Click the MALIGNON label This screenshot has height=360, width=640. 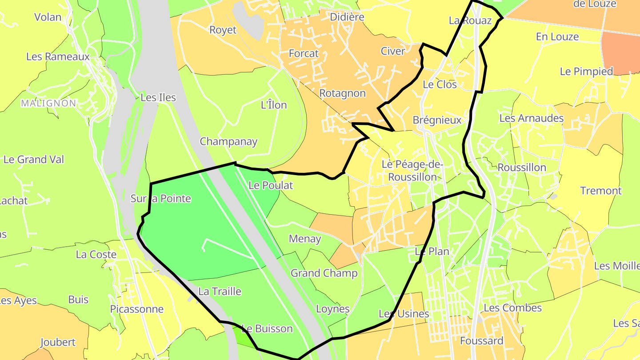48,103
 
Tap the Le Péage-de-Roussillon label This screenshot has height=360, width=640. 412,170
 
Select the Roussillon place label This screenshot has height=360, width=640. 522,168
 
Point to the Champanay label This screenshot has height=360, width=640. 228,142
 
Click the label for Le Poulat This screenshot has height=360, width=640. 271,185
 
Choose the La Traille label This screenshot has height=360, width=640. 220,292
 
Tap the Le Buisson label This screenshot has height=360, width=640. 267,329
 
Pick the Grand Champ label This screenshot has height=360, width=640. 324,273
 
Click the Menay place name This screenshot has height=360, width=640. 305,239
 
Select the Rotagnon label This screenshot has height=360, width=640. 342,93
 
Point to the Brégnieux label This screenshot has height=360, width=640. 437,120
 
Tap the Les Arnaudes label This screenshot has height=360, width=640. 532,118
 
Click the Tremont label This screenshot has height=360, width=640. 601,191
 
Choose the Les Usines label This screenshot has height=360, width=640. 404,314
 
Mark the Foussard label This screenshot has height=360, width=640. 482,341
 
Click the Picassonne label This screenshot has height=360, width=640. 137,309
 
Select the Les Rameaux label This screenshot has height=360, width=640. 58,56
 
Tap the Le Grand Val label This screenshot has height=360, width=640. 34,159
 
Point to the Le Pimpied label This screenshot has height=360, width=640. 586,71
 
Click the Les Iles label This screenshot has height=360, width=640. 158,97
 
